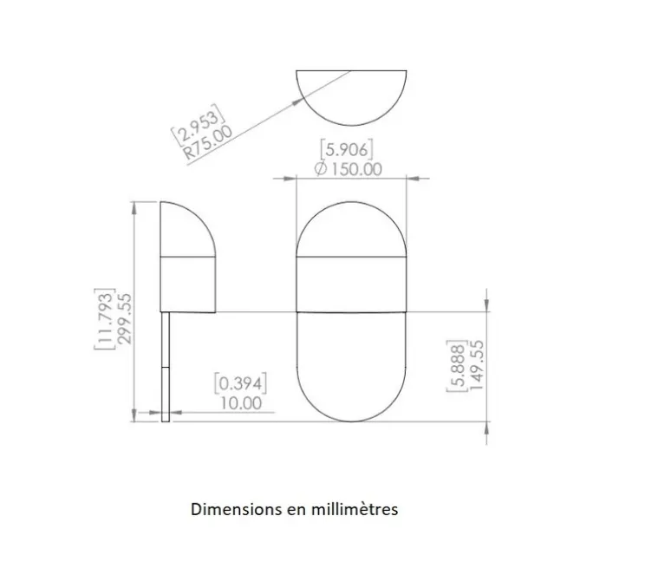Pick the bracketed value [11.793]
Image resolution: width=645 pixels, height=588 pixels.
(105, 318)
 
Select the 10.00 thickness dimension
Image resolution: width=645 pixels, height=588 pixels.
(240, 402)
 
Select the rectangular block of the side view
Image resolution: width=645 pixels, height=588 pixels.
(187, 284)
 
